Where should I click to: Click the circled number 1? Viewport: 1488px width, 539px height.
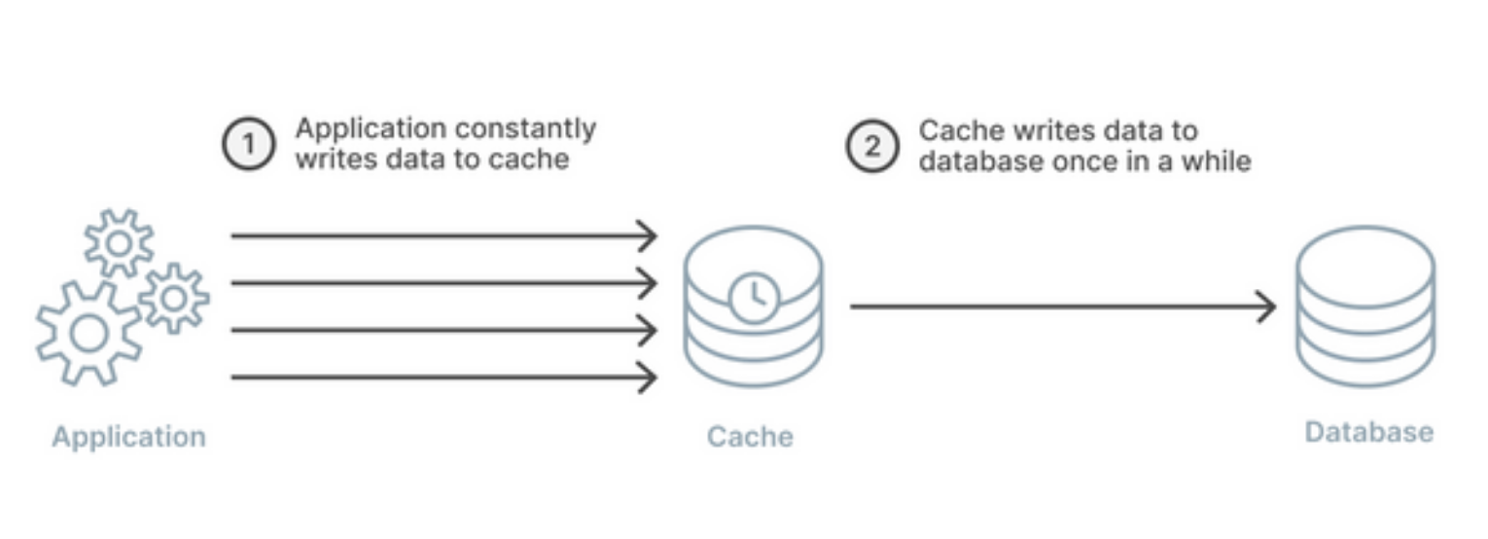click(248, 144)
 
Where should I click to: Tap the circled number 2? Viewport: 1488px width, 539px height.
click(872, 146)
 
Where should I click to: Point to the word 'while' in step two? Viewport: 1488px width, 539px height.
click(1216, 162)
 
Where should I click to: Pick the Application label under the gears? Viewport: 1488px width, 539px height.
click(129, 437)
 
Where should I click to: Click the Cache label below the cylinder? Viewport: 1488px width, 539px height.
click(750, 437)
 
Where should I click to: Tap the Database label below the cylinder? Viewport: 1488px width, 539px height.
click(1369, 433)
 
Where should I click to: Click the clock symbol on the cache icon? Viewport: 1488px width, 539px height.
click(754, 298)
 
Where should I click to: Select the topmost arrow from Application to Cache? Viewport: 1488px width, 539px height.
click(443, 236)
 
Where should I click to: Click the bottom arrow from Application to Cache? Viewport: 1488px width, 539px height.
click(443, 377)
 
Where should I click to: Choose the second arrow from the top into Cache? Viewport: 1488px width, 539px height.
click(443, 283)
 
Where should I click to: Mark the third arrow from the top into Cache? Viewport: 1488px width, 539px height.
click(443, 331)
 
